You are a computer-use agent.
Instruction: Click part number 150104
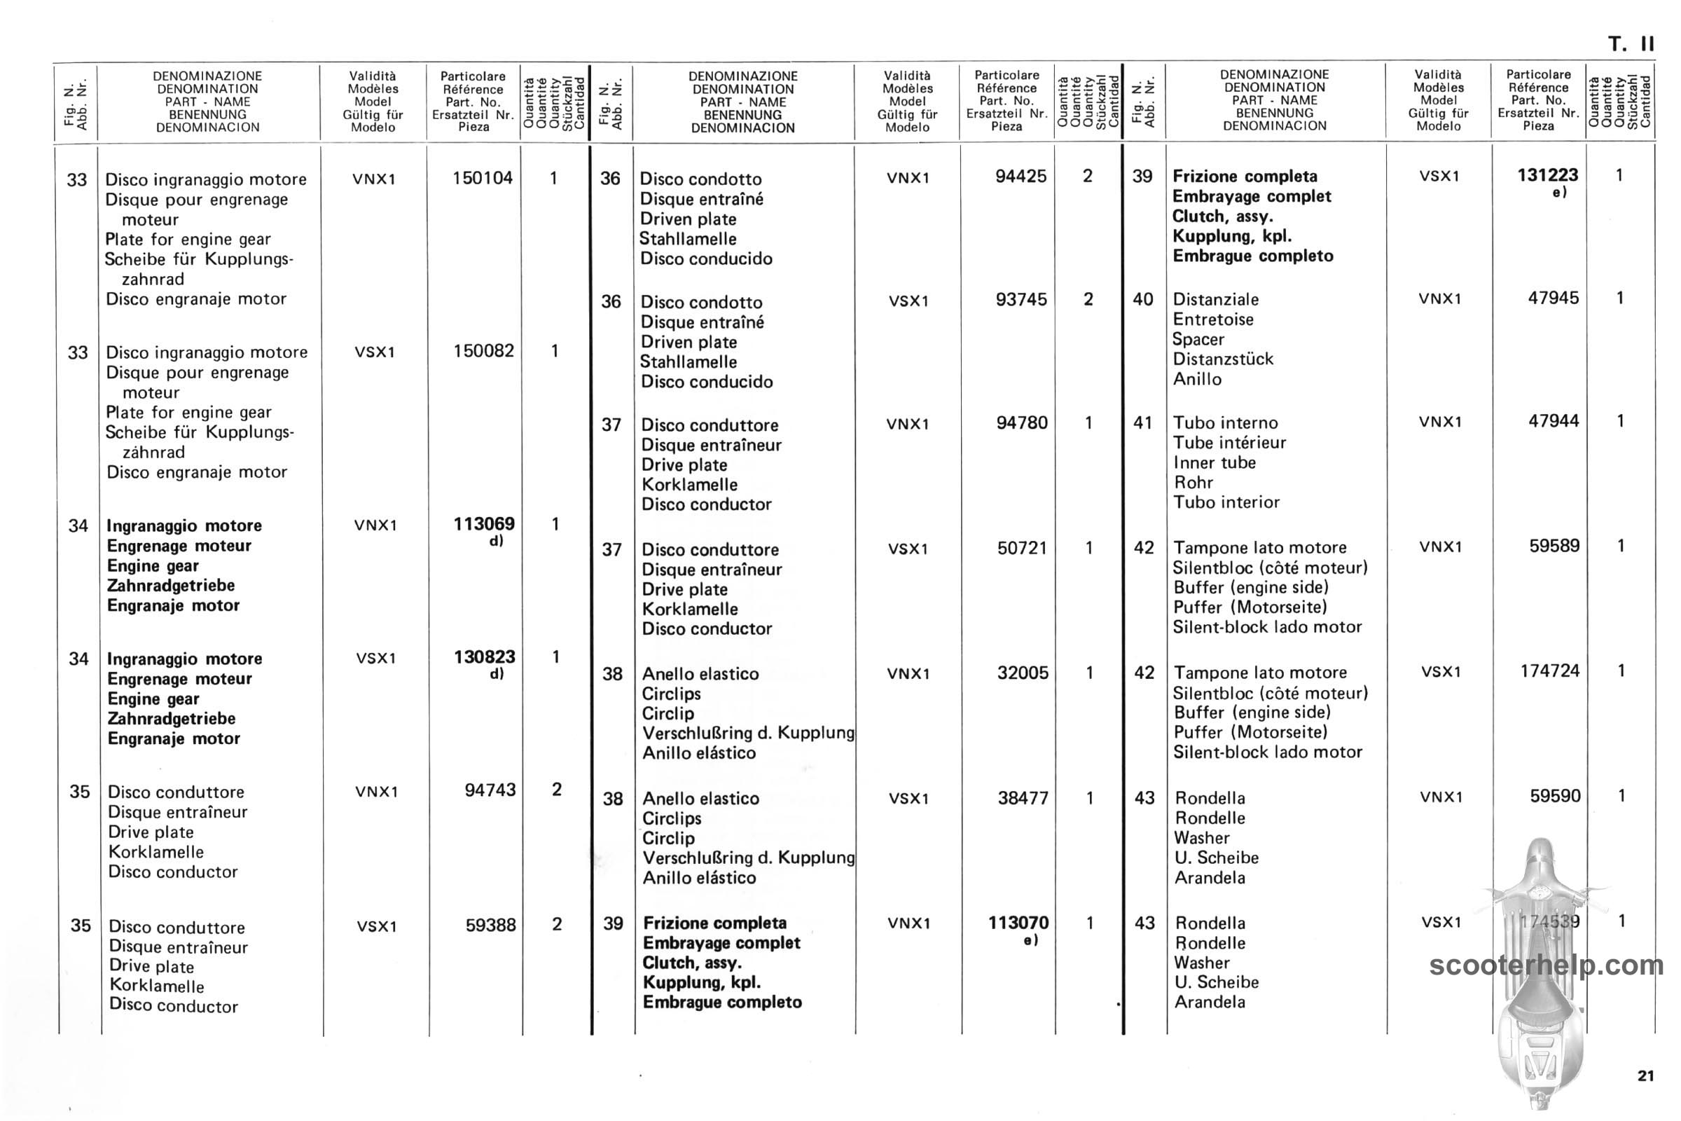pos(482,178)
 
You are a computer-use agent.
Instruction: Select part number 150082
pos(483,351)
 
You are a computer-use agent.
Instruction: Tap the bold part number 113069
pos(484,524)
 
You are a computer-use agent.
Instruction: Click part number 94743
pos(490,790)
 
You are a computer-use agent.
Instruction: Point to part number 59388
pos(490,925)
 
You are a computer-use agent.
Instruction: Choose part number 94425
pos(1021,177)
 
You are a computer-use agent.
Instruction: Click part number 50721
pos(1022,549)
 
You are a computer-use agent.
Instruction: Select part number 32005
pos(1023,673)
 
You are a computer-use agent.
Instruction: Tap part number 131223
pos(1547,175)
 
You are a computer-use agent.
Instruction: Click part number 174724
pos(1549,671)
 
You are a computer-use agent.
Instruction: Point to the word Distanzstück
pos(1223,359)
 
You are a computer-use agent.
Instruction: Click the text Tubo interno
pos(1225,422)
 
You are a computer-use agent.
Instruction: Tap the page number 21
pos(1645,1076)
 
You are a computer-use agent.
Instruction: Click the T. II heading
pos(1631,44)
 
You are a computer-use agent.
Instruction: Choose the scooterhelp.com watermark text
pos(1546,965)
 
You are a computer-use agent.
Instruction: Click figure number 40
pos(1142,300)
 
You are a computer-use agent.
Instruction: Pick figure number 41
pos(1143,422)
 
